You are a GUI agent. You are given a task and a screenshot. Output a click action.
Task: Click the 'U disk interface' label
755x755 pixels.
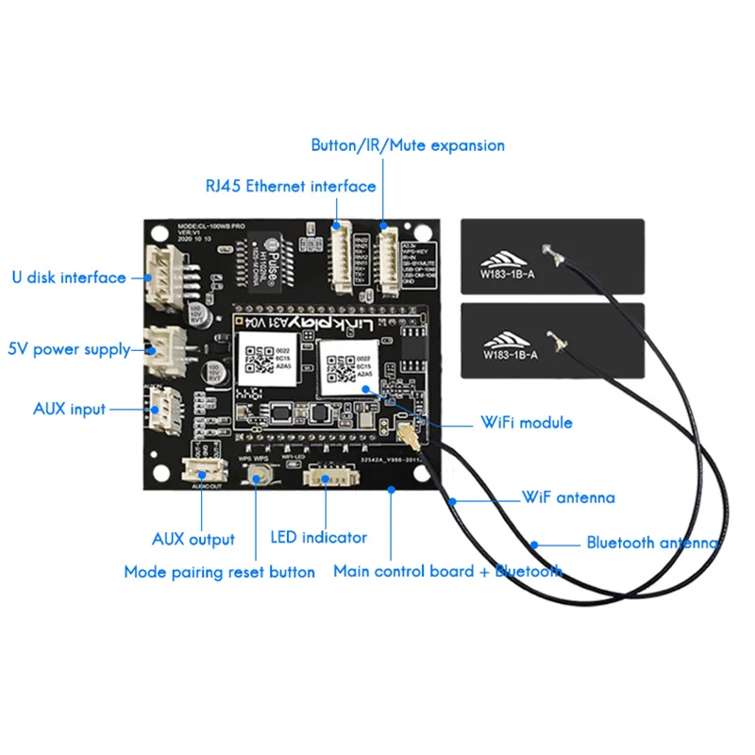point(68,277)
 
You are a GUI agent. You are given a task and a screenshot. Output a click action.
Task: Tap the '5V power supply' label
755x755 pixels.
point(69,349)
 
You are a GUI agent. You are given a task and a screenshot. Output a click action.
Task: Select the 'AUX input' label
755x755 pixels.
point(69,409)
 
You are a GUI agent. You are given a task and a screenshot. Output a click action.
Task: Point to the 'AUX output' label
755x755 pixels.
point(193,540)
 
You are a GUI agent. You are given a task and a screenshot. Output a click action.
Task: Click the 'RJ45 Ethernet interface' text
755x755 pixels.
point(291,187)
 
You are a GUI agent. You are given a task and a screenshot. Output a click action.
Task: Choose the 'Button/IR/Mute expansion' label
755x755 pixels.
point(408,145)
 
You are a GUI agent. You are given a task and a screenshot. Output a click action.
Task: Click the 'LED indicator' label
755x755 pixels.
point(318,538)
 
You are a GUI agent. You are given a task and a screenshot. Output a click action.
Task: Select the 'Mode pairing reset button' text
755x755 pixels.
point(219,572)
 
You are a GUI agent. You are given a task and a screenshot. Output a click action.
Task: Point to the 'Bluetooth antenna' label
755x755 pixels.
point(652,543)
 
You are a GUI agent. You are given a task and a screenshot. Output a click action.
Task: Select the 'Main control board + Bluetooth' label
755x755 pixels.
point(447,571)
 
